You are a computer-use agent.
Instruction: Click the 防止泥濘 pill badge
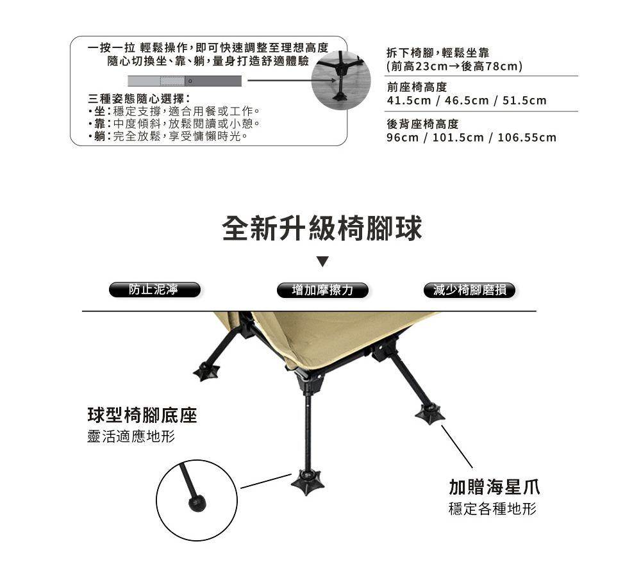tap(154, 290)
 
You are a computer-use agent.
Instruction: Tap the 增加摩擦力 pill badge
tap(322, 290)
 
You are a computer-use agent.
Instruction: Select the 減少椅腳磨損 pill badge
tap(469, 290)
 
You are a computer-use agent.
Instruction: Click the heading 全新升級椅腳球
tap(322, 229)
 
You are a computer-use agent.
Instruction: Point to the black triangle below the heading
tap(323, 262)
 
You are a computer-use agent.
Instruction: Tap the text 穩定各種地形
tap(492, 509)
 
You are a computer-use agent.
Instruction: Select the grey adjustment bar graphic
tap(185, 81)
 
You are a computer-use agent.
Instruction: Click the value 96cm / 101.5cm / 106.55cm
tap(472, 138)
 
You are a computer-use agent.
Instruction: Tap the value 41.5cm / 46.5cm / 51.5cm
tap(467, 101)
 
